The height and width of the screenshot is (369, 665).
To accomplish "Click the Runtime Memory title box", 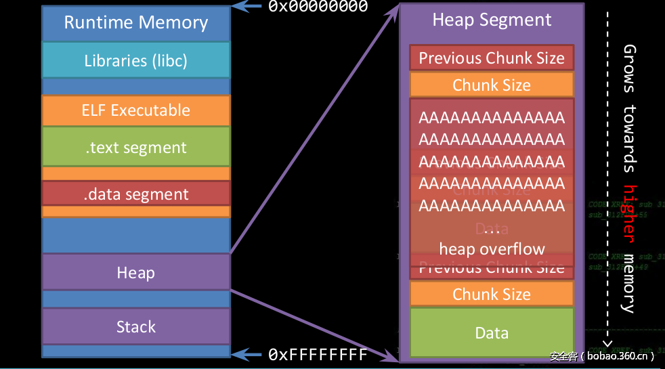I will (135, 23).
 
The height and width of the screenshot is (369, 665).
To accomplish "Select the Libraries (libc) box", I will (135, 60).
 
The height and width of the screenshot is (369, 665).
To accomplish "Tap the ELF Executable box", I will (135, 110).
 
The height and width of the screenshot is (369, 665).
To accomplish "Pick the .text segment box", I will (135, 147).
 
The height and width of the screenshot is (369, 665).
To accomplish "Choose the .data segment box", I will (135, 194).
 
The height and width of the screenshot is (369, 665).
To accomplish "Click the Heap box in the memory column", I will (135, 272).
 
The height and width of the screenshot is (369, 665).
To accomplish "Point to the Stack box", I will (135, 326).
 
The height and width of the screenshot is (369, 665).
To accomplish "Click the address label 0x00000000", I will (318, 7).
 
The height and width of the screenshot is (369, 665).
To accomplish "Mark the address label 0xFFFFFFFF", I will (318, 354).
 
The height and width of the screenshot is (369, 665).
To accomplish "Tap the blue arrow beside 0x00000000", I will (248, 7).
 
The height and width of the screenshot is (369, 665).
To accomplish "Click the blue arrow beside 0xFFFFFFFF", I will (249, 354).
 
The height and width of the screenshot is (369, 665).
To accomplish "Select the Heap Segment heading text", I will (492, 20).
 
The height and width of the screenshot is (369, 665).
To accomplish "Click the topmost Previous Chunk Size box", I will (492, 58).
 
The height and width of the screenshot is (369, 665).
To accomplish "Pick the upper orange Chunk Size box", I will (492, 85).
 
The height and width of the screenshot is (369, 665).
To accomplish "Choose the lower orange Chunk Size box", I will (492, 294).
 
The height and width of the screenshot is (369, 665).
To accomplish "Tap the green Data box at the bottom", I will (492, 332).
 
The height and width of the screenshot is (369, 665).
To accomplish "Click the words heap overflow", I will (492, 248).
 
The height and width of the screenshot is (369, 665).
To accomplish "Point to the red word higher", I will (630, 213).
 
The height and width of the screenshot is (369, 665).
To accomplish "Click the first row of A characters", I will (492, 118).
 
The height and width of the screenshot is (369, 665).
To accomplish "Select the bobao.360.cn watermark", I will (602, 356).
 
